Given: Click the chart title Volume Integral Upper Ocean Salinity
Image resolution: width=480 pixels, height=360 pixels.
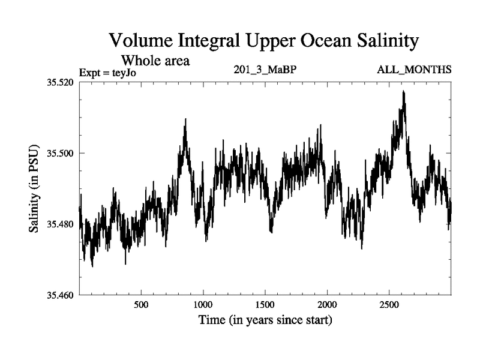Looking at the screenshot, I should point(263,41).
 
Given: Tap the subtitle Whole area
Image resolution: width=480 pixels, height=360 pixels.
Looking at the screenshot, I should point(155,60).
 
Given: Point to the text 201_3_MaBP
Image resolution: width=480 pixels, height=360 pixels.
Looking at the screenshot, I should point(265,70).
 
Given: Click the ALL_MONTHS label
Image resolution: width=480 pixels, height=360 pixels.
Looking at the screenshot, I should point(414,70).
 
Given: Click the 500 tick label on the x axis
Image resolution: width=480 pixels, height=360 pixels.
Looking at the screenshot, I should point(141,305).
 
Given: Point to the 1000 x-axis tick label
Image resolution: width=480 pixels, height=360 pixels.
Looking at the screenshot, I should point(203,305).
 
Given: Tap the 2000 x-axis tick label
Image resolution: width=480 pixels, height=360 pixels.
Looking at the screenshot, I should point(328,305).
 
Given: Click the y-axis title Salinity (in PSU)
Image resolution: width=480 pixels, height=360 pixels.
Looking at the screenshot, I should point(35,188).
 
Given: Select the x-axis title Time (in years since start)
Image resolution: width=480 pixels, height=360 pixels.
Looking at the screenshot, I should point(265,321).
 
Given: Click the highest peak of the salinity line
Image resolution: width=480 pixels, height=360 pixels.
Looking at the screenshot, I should point(404,91).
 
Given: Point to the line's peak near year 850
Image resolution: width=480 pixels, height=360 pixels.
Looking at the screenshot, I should point(185,119).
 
